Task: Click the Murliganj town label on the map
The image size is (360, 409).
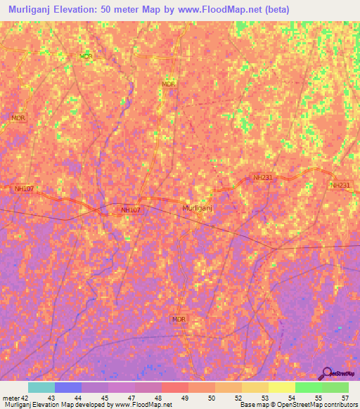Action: pos(198,209)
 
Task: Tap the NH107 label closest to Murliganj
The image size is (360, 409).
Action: pos(131,209)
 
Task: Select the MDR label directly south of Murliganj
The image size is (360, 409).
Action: pos(179,319)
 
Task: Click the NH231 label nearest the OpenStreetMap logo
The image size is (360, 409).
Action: pos(340,185)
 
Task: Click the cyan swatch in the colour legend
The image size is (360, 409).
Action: pos(41,387)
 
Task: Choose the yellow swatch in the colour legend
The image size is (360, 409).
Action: pos(282,387)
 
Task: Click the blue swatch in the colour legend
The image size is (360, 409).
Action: pos(68,387)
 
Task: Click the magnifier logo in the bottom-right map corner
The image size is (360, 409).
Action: pos(328,372)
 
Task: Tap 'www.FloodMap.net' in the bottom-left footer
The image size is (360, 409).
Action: pos(145,405)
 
